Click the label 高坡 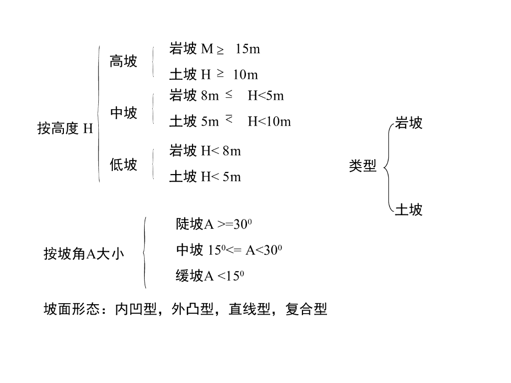point(123,62)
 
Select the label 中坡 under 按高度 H point(123,114)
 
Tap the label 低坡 point(123,165)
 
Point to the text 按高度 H point(65,129)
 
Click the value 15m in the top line point(248,49)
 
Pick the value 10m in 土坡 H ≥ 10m point(245,75)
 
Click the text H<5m point(265,96)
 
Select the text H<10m point(269,121)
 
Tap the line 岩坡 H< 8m point(205,151)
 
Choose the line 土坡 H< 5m point(205,177)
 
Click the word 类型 point(362,166)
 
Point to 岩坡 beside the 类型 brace point(408,123)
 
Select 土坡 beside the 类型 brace point(408,210)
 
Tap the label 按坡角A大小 point(84,254)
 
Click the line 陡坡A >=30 point(214,224)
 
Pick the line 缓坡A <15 point(210,276)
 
